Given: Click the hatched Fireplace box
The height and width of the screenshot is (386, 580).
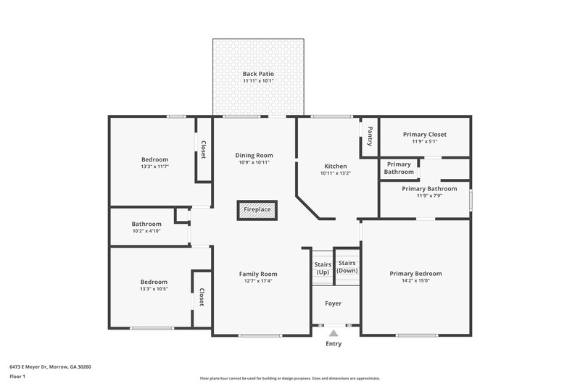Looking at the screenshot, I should point(257,209).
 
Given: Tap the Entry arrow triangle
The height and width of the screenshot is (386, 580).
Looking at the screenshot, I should point(333,333).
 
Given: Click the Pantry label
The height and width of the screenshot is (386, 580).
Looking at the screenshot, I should point(370,135).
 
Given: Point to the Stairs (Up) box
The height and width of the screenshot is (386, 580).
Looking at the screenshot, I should point(323,269).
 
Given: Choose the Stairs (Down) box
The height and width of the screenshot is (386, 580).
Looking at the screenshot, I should point(347,267).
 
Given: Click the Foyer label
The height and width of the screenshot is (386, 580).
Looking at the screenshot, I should point(333,303).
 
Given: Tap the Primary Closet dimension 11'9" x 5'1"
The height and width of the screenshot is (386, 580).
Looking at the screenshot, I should point(425,142).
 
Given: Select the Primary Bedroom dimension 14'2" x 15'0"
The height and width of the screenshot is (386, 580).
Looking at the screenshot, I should point(415,281).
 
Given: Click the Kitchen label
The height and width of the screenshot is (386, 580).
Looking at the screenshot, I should point(335,166).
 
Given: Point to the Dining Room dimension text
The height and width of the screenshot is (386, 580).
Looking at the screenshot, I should point(254,162).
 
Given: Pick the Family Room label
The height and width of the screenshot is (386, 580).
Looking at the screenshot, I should point(258,274).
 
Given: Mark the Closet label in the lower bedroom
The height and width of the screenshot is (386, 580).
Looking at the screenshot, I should point(202,298).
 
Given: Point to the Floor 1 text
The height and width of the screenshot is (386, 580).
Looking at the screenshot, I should point(17,377).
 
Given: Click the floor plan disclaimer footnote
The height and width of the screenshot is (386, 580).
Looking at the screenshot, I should point(289,378).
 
